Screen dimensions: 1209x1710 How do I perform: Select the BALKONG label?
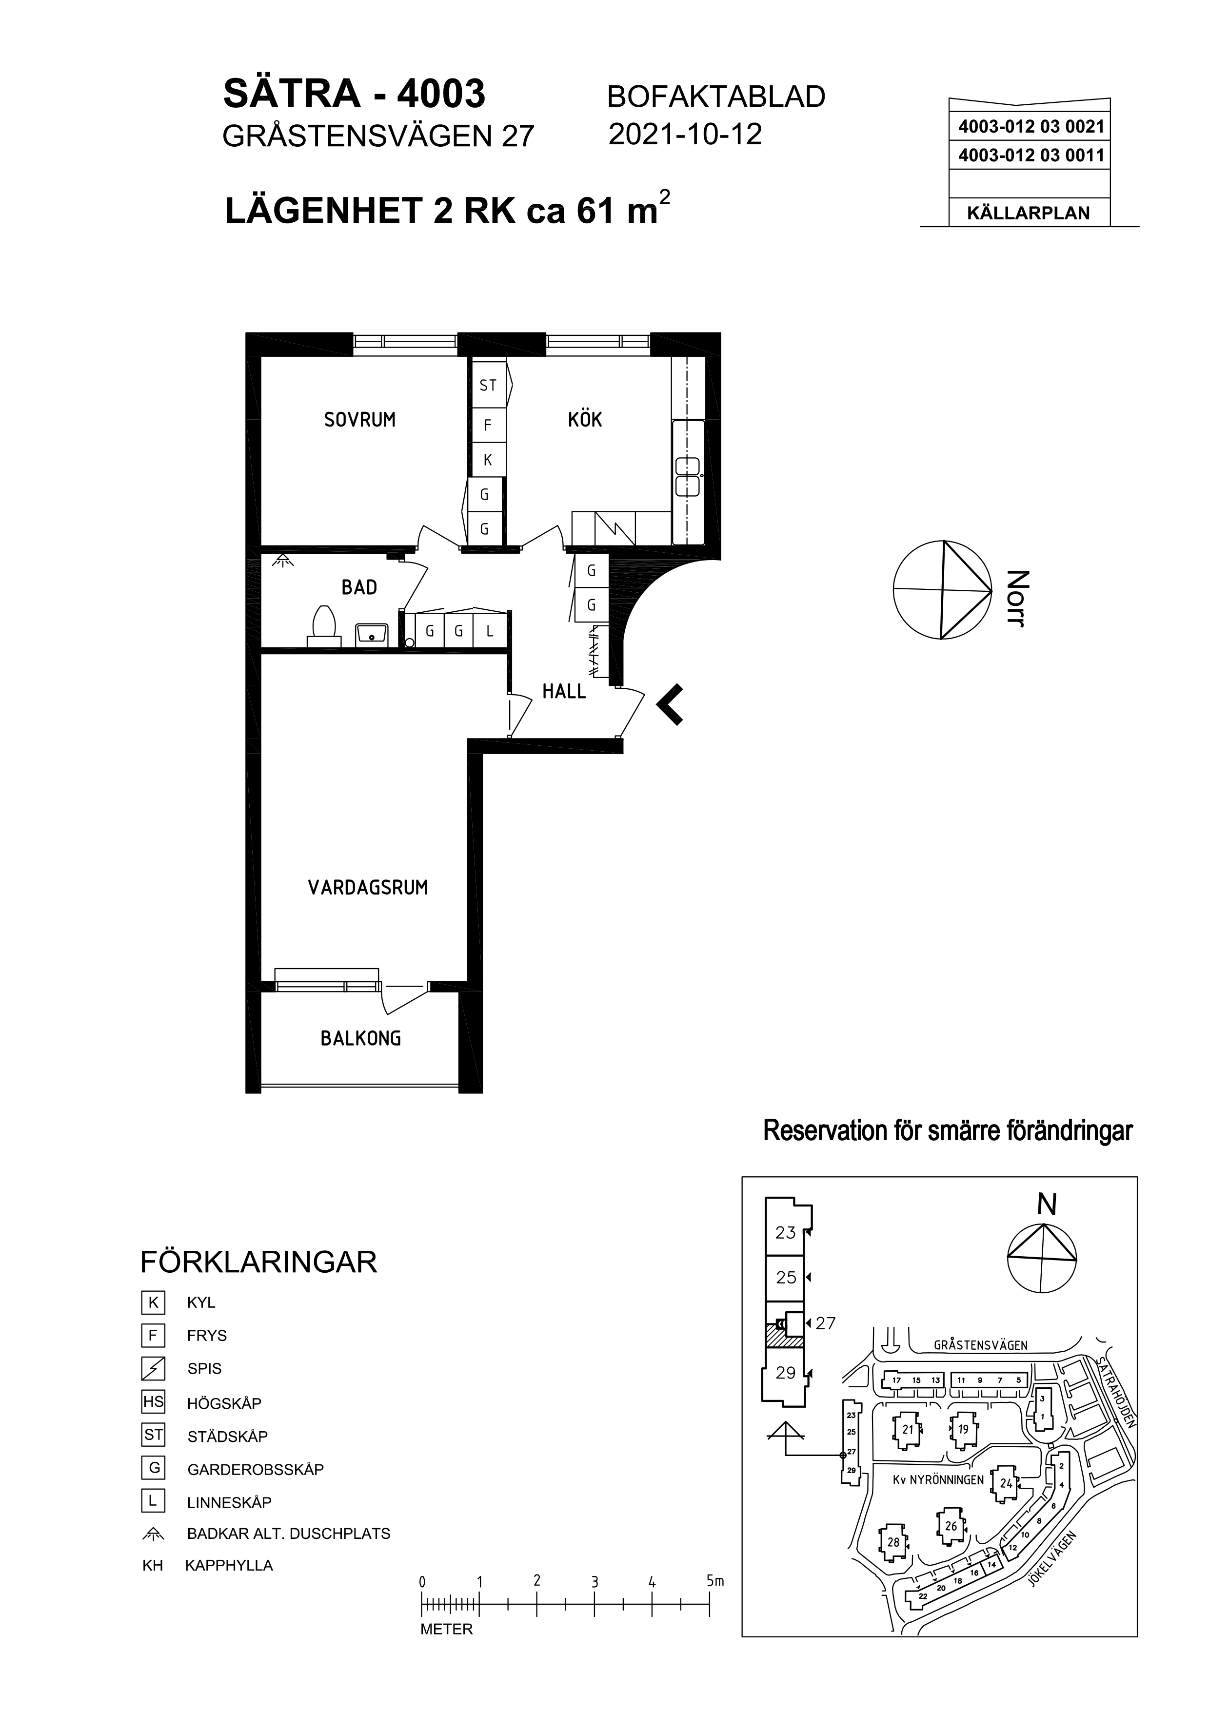click(360, 1038)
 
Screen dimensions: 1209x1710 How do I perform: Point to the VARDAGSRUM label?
click(368, 887)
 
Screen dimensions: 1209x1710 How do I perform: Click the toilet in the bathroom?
click(323, 625)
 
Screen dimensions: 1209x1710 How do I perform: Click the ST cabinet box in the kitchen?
click(488, 385)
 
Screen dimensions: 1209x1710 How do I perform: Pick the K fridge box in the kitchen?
click(488, 460)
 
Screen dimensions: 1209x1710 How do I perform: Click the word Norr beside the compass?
click(1017, 599)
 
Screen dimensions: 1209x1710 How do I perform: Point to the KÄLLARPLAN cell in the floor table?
click(1028, 213)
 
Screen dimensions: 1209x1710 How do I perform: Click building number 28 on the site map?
click(893, 1542)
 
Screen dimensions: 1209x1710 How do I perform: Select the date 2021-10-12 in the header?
click(685, 134)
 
